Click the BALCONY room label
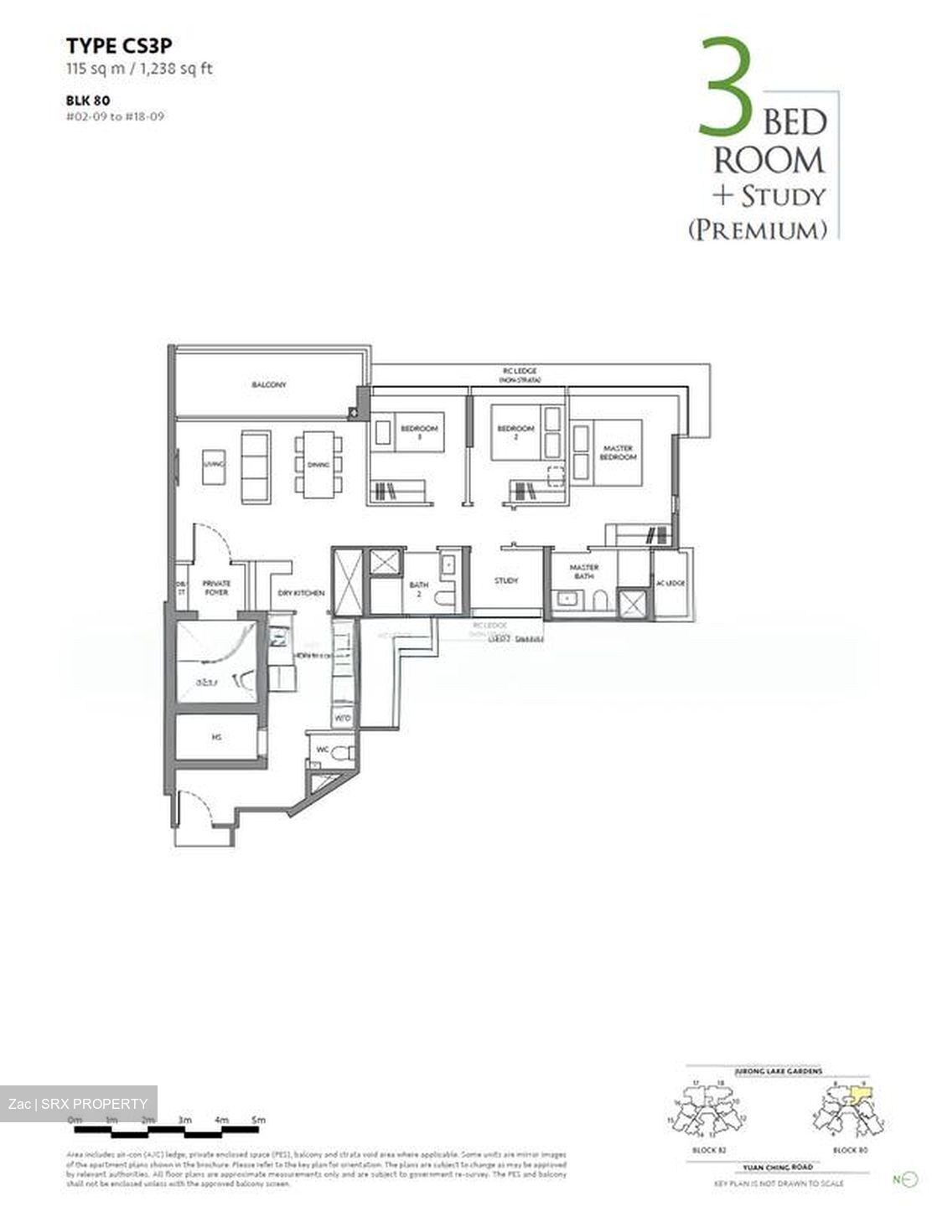click(x=269, y=384)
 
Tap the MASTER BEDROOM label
click(x=618, y=452)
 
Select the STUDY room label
click(x=506, y=580)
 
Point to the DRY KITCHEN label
click(x=301, y=593)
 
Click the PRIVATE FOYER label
click(x=216, y=588)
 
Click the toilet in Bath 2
click(x=448, y=595)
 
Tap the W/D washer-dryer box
click(x=343, y=719)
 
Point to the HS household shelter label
click(x=216, y=738)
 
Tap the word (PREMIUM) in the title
click(x=758, y=229)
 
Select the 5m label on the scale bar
click(x=258, y=1120)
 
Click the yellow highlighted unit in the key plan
click(x=861, y=1094)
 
